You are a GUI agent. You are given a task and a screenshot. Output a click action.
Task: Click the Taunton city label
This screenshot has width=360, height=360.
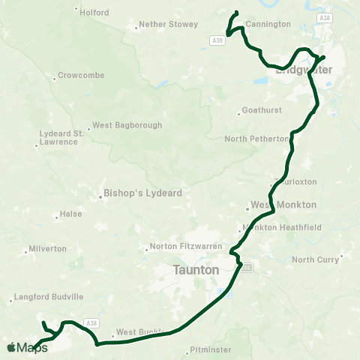[x=196, y=269]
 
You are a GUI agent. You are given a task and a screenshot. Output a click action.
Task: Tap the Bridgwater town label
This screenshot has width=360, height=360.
[x=298, y=71]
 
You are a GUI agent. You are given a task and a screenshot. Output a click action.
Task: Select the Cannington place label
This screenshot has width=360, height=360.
[x=268, y=24]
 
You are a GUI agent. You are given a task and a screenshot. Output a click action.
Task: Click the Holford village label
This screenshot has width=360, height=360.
[x=94, y=13]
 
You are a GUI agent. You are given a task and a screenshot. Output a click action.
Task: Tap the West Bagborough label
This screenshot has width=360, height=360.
[x=126, y=125]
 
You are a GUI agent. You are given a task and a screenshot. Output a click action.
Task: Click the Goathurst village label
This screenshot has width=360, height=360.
[x=261, y=109]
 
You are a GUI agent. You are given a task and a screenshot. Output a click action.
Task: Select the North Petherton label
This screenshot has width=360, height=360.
[x=256, y=139]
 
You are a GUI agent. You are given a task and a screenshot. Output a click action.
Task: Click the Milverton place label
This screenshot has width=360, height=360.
[x=47, y=248]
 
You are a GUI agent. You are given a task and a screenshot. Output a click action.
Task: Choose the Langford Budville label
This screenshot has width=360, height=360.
[x=47, y=297]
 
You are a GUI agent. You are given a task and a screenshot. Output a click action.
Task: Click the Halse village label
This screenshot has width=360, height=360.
[x=70, y=214]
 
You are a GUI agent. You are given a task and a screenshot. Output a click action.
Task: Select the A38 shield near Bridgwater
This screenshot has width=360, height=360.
[x=323, y=17]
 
